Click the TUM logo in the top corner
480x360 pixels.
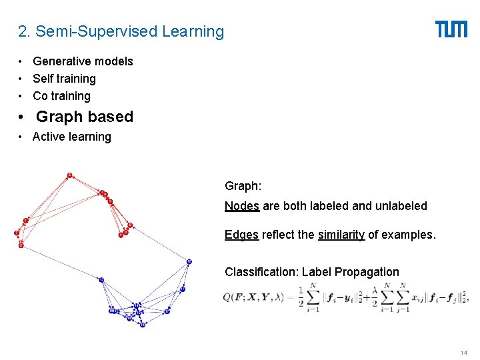click(x=451, y=29)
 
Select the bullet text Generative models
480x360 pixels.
click(x=83, y=61)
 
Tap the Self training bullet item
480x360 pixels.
click(x=64, y=79)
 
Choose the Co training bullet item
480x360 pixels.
click(x=61, y=96)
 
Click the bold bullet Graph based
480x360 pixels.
click(x=84, y=117)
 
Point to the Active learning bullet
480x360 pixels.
click(x=72, y=137)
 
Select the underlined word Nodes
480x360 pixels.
click(x=242, y=206)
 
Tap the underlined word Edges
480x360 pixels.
click(x=241, y=235)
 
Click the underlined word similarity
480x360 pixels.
click(x=341, y=235)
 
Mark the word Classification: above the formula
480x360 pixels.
click(x=261, y=271)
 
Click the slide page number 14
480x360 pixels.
click(x=463, y=352)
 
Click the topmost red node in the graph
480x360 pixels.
click(x=69, y=176)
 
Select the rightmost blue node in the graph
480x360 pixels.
click(x=189, y=261)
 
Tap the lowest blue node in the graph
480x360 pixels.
click(x=143, y=325)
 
